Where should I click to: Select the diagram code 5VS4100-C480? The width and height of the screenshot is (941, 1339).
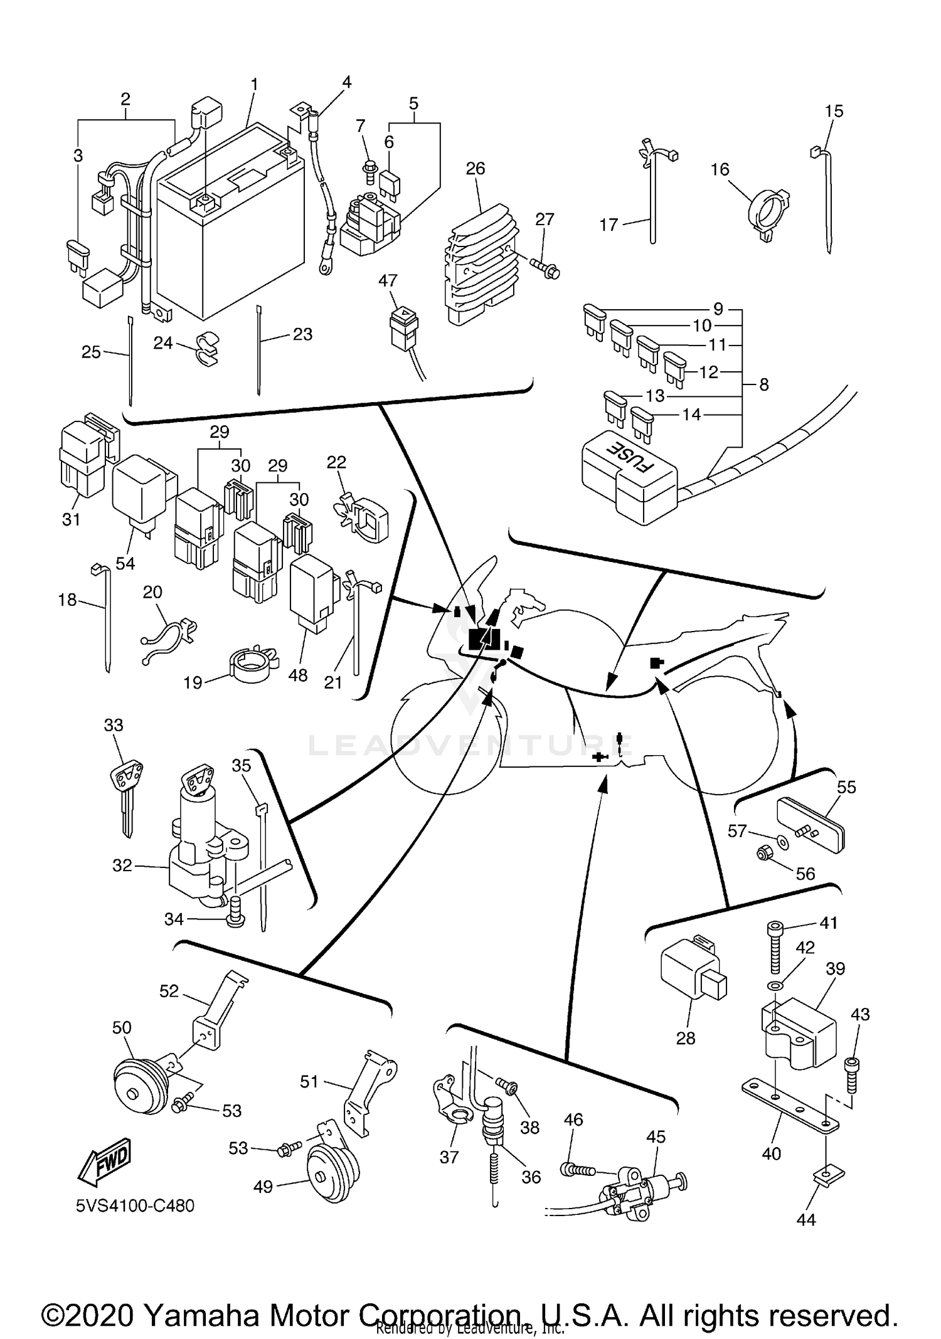click(136, 1205)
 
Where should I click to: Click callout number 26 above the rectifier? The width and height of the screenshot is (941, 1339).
click(476, 169)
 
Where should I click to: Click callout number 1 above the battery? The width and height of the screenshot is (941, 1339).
click(254, 84)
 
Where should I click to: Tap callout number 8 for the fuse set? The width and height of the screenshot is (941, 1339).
click(763, 384)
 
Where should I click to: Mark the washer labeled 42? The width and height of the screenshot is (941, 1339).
click(775, 987)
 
